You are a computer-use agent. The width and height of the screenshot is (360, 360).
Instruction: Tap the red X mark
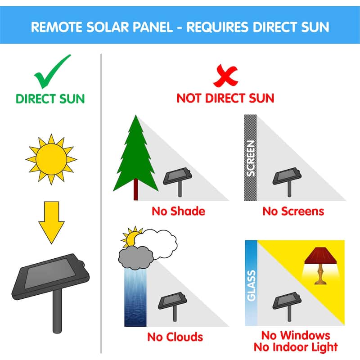point(225,76)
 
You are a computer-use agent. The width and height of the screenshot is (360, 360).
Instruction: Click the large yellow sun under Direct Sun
point(51,159)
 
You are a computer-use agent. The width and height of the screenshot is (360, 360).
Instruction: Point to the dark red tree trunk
point(136,189)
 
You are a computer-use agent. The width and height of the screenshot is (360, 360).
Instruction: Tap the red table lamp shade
point(320,256)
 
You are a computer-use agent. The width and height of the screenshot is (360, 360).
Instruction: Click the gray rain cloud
point(135,257)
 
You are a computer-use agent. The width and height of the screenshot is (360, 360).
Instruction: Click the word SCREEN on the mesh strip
point(251,158)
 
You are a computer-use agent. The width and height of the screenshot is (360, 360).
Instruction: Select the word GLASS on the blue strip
point(251,286)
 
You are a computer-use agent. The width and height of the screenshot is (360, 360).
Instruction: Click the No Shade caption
point(178,211)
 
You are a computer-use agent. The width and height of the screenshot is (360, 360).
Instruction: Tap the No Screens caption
point(293,211)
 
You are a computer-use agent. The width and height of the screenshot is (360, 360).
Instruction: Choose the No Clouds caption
point(175,337)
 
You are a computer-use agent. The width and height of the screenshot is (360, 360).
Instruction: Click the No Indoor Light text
point(296,347)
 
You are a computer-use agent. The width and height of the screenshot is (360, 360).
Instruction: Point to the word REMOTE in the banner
point(57,27)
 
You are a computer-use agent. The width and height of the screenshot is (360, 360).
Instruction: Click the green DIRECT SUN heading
point(50,99)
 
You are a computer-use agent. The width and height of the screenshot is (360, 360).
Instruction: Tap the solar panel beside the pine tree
point(177,181)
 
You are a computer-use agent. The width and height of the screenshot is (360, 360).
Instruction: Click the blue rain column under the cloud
point(135,297)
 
